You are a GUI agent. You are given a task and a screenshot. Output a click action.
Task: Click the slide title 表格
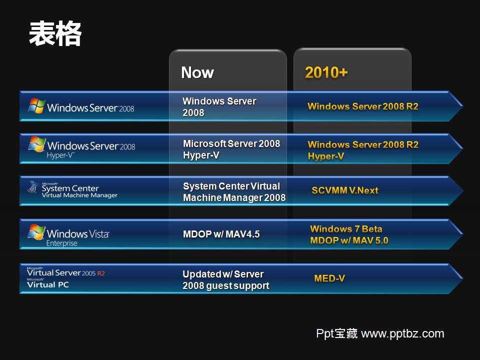click(55, 34)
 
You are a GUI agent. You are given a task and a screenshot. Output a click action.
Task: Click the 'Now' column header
click(197, 73)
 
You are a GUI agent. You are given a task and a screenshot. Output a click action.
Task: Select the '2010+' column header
click(326, 73)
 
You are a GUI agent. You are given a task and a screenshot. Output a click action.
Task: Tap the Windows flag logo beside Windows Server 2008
click(36, 106)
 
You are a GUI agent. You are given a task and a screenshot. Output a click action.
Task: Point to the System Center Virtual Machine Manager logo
click(72, 190)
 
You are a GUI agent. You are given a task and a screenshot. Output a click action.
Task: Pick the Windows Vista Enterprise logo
click(68, 235)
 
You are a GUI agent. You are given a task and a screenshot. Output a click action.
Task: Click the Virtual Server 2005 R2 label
click(65, 273)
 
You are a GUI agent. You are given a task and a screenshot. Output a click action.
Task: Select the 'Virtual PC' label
click(48, 284)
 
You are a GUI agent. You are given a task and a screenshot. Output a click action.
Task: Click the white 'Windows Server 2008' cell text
click(219, 107)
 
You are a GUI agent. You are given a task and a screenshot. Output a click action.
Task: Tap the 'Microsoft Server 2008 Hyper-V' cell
click(231, 149)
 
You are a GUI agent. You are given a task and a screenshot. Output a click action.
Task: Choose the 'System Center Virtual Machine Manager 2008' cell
click(234, 192)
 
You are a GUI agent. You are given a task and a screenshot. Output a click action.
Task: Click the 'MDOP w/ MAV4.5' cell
click(221, 234)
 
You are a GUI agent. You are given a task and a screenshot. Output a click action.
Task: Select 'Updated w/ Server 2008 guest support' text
click(225, 280)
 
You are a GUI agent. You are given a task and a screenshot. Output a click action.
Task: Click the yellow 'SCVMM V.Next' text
click(345, 190)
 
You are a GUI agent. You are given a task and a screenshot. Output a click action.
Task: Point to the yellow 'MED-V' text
click(329, 278)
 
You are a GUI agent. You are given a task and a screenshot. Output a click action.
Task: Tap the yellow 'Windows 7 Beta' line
click(346, 229)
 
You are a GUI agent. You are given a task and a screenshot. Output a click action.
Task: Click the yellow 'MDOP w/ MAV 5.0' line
click(349, 240)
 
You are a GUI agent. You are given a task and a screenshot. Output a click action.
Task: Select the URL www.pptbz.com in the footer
click(402, 333)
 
